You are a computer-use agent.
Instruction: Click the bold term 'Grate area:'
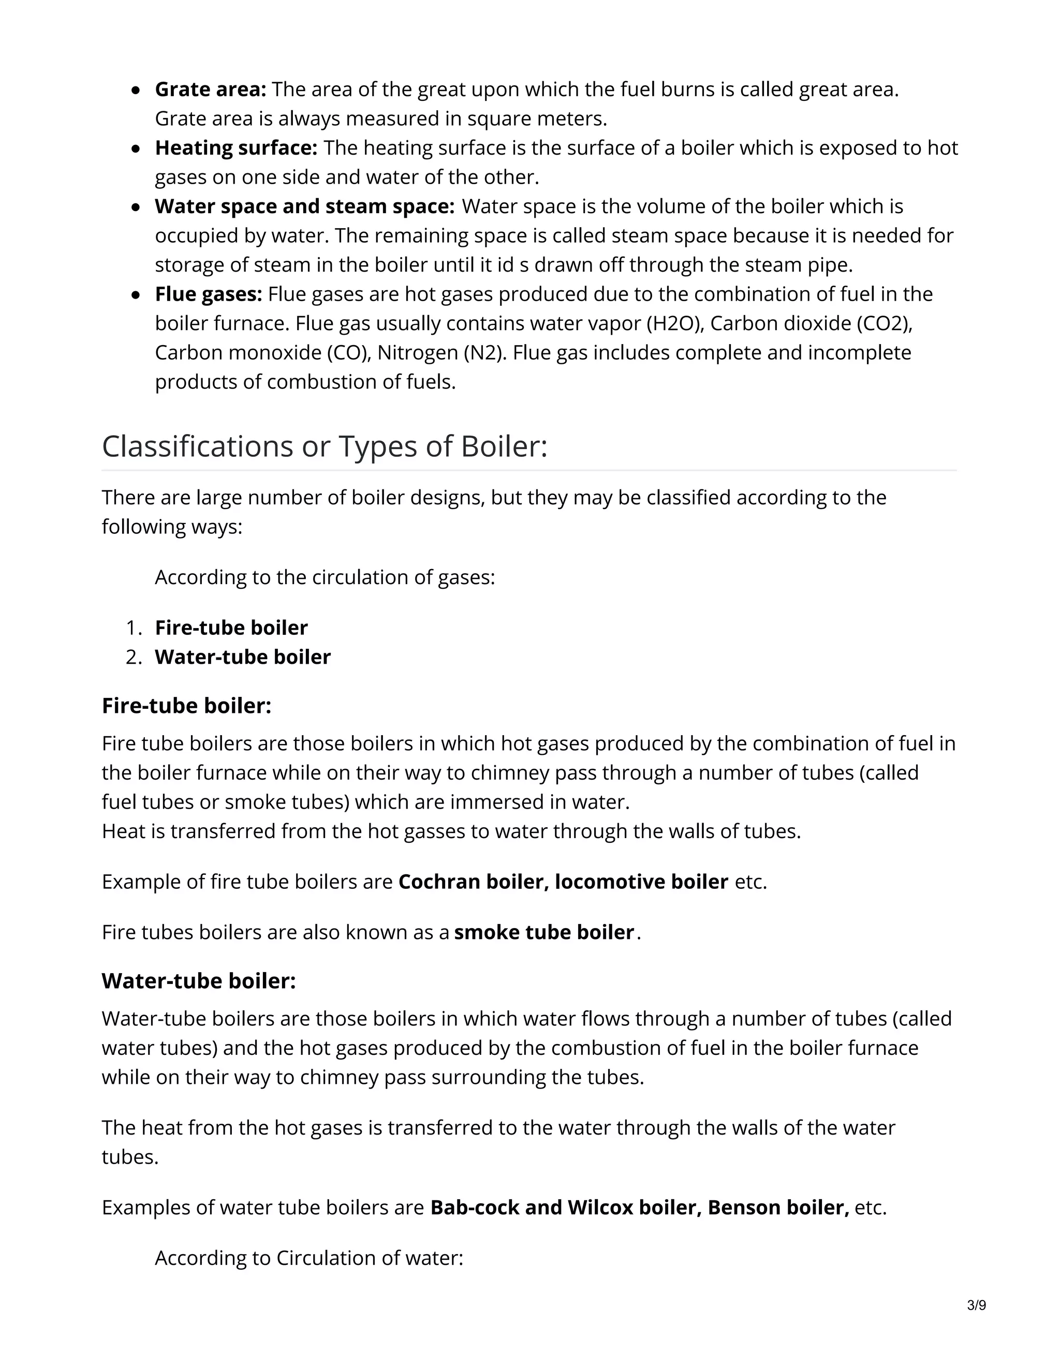(x=210, y=90)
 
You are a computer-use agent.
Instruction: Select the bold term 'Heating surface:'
(x=236, y=148)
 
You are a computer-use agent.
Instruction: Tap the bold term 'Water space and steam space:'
(x=304, y=206)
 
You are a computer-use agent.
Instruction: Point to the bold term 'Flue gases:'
(x=209, y=294)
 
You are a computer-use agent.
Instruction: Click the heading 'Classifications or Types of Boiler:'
(x=325, y=447)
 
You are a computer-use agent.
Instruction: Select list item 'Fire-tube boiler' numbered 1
(x=231, y=628)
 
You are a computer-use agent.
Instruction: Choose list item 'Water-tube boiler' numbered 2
(x=242, y=657)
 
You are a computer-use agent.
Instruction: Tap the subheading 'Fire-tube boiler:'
(x=186, y=706)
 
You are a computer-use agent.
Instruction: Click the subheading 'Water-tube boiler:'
(x=198, y=981)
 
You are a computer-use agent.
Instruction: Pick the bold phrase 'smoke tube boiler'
(x=544, y=932)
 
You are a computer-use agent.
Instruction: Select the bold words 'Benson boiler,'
(x=778, y=1208)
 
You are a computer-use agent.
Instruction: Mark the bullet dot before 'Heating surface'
(x=136, y=150)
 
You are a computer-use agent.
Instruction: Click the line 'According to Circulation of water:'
(x=309, y=1258)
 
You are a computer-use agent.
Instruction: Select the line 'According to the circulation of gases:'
(x=325, y=577)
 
